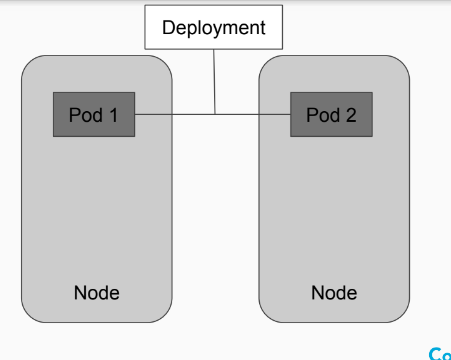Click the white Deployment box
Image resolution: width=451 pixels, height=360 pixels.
(x=214, y=27)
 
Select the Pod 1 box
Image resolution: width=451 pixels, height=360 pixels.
(x=94, y=114)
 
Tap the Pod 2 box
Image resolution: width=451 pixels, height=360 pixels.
(x=331, y=114)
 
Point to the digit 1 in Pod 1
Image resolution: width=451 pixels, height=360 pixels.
(x=113, y=115)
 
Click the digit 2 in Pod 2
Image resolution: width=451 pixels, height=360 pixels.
(x=351, y=115)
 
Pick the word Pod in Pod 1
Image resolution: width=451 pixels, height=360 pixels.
(x=86, y=115)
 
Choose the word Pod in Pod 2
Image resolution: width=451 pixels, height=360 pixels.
(x=323, y=115)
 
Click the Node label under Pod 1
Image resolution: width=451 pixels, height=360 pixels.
(x=97, y=293)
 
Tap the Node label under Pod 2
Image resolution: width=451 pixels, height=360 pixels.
(x=334, y=293)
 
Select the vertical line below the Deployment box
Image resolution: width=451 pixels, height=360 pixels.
(x=214, y=82)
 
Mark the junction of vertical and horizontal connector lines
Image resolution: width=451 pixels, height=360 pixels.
(x=215, y=114)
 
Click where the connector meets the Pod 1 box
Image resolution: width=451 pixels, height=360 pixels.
(x=135, y=114)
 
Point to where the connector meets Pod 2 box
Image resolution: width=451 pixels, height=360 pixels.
(x=290, y=114)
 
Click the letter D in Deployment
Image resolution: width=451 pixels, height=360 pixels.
(x=168, y=27)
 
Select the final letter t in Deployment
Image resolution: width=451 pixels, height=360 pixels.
(x=263, y=28)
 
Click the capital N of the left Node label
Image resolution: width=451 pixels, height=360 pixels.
(x=80, y=293)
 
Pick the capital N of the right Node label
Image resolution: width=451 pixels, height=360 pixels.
(x=317, y=293)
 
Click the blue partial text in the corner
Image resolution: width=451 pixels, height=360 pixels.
(x=440, y=354)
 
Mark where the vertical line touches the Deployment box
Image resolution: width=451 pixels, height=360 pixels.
(x=214, y=50)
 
